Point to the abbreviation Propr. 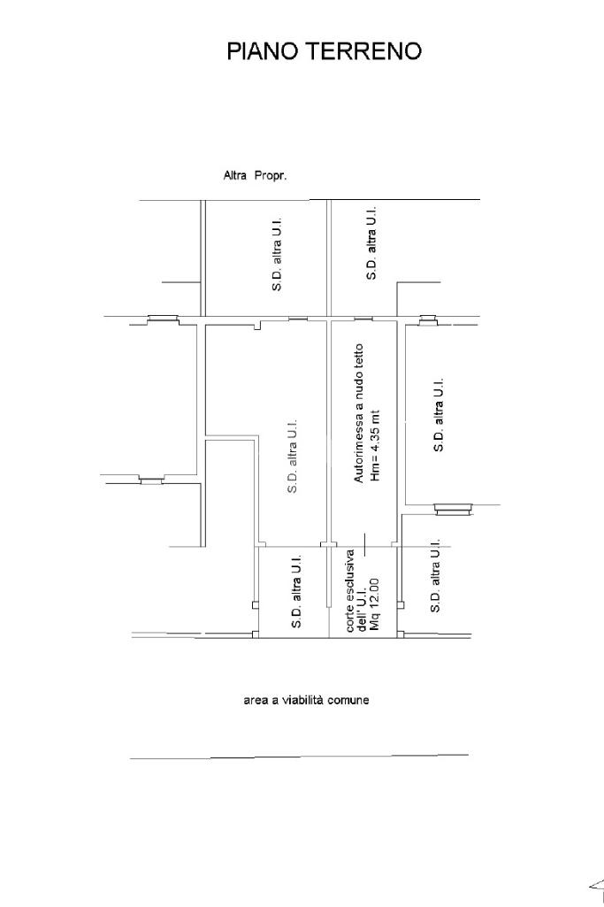pos(271,176)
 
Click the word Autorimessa pos(358,448)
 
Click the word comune pos(348,700)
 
